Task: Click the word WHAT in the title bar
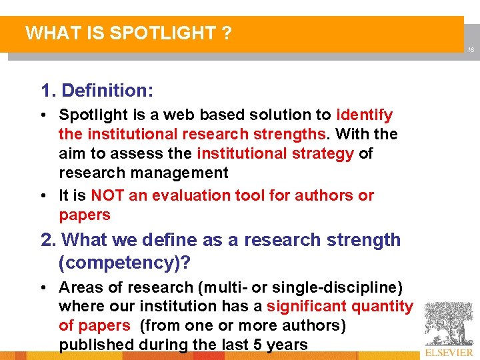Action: pyautogui.click(x=47, y=33)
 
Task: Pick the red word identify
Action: pyautogui.click(x=364, y=115)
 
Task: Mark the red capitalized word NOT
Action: pyautogui.click(x=105, y=195)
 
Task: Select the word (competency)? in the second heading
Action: pyautogui.click(x=125, y=263)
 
